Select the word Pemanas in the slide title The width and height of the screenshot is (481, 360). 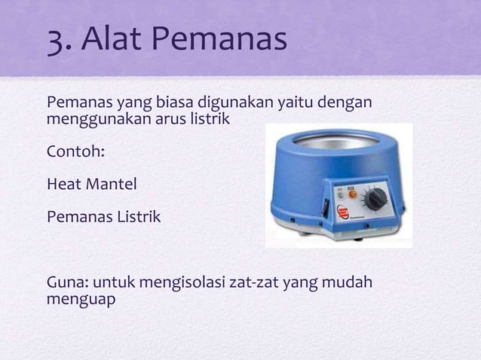226,40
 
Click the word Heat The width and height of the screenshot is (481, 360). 65,184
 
